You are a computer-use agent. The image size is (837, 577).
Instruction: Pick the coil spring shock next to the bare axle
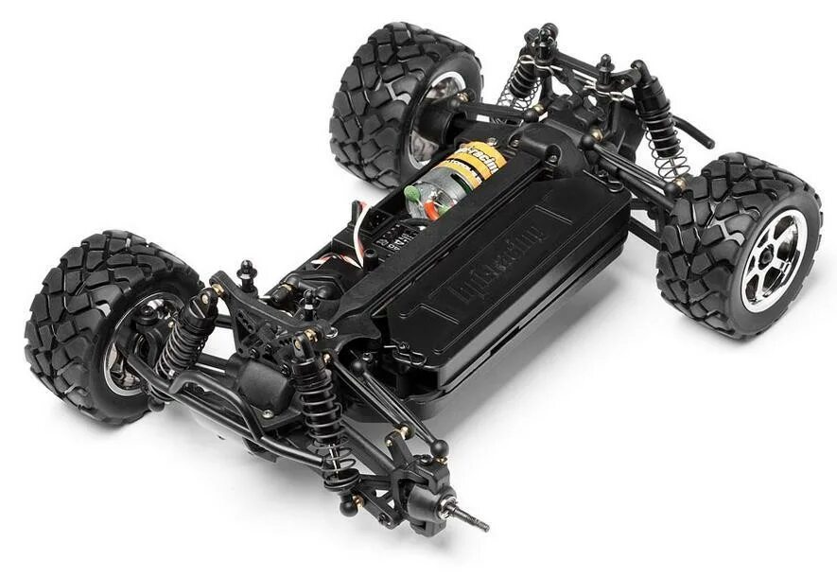pos(322,407)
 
